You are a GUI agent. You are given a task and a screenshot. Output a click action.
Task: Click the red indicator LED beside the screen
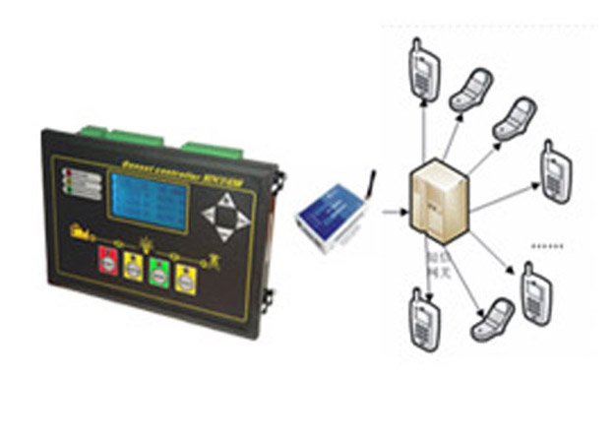pyautogui.click(x=68, y=174)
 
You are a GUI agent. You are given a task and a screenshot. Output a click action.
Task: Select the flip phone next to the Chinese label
pyautogui.click(x=493, y=317)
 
